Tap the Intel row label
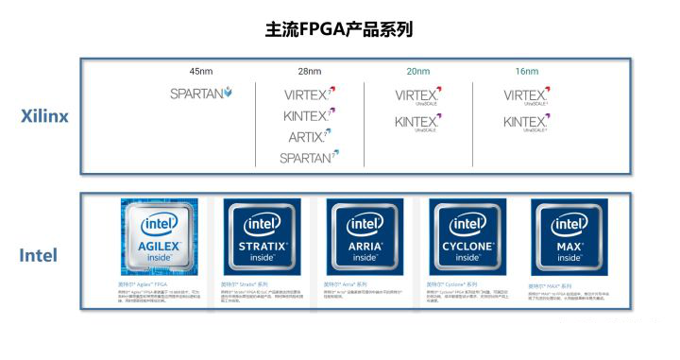point(39,255)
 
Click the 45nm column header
point(201,71)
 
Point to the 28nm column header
point(308,71)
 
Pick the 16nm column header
point(526,71)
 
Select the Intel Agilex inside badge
point(159,236)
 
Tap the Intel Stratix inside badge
point(261,236)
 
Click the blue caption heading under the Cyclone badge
point(453,284)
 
